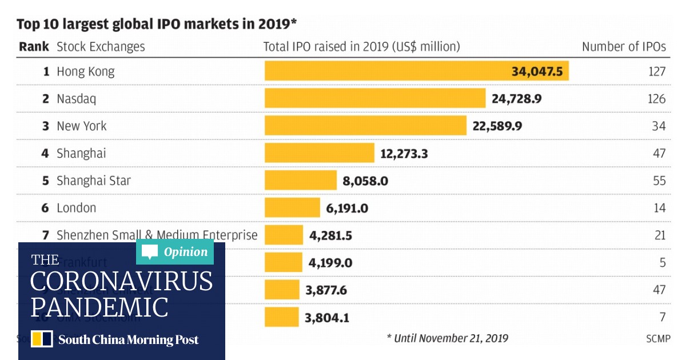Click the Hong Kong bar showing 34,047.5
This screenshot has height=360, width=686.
click(x=416, y=71)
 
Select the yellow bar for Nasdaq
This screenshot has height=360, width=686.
click(x=374, y=99)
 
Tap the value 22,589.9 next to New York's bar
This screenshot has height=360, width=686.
click(x=497, y=126)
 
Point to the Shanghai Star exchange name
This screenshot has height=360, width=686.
click(x=94, y=181)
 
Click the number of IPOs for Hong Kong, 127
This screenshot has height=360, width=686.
click(x=657, y=71)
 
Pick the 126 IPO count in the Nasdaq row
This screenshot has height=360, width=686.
click(x=657, y=99)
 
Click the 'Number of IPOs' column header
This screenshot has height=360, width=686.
click(x=624, y=47)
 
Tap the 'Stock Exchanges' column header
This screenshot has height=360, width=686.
click(x=101, y=47)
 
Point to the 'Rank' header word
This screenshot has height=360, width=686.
click(x=34, y=47)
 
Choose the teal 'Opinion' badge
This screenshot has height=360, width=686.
click(x=175, y=252)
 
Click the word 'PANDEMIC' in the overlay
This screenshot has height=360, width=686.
click(x=99, y=307)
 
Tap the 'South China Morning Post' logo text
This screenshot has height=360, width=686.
click(x=128, y=339)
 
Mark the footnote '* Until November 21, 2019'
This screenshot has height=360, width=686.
click(x=447, y=338)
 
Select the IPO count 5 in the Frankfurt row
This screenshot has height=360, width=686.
click(x=662, y=263)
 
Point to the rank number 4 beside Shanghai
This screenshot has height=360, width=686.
click(x=46, y=154)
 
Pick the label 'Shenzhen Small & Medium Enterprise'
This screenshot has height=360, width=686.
click(x=157, y=235)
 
